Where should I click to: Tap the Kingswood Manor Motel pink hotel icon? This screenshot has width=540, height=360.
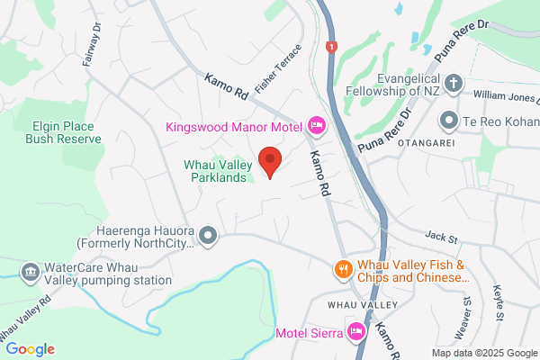click(316, 123)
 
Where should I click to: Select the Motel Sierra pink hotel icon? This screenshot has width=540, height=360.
click(356, 331)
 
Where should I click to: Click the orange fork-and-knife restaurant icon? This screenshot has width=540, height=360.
click(342, 269)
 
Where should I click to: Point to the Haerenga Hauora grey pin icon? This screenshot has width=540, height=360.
click(209, 236)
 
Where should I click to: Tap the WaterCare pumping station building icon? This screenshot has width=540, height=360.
click(30, 271)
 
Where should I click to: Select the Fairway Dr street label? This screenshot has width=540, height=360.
click(94, 40)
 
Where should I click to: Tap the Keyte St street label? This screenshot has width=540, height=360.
click(499, 306)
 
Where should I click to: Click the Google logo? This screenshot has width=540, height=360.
click(30, 349)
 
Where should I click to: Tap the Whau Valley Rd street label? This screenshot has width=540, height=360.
click(22, 315)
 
